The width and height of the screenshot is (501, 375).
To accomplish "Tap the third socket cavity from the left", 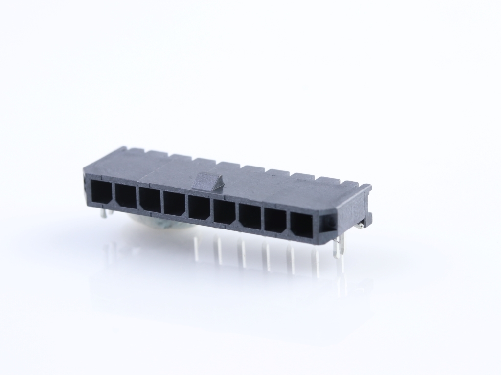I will click(150, 201).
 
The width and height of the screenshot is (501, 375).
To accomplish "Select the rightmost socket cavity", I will click(301, 226).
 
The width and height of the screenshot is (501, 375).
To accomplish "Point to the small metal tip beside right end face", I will click(360, 226).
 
